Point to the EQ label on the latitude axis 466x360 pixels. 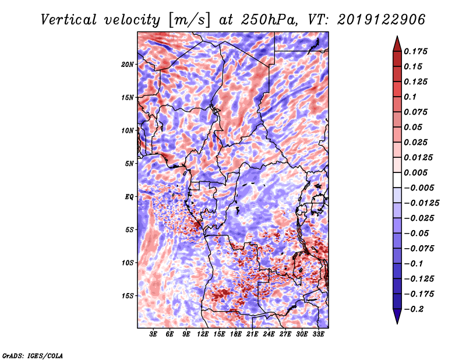(129, 196)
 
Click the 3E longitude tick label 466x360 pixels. (154, 334)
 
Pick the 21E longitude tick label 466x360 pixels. (252, 334)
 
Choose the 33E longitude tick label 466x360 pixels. (318, 334)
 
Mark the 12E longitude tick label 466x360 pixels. (203, 334)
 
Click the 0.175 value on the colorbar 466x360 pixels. (417, 51)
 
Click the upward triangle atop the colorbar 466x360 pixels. (397, 42)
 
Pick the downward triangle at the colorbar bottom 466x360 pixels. (397, 317)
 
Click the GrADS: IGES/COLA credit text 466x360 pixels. (33, 355)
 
